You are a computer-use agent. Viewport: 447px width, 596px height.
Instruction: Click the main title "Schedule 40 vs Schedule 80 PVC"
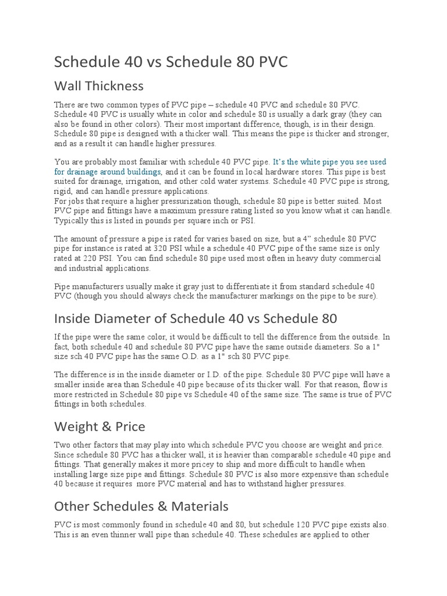171,62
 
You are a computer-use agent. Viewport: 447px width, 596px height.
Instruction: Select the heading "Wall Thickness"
98,86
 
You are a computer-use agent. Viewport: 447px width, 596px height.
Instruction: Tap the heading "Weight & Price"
100,427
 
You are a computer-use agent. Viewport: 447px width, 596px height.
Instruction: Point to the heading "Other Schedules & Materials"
141,505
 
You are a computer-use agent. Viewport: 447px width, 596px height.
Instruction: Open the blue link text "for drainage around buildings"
108,172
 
